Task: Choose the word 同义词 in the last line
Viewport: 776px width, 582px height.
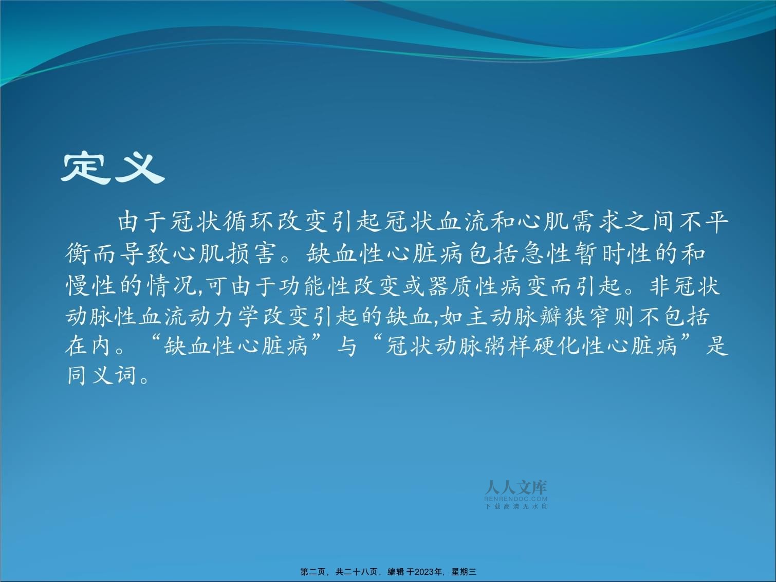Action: (102, 375)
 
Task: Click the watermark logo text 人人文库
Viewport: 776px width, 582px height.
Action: (516, 487)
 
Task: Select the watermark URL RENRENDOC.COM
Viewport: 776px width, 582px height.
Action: (516, 499)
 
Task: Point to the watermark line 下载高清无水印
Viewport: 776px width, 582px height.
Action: (516, 506)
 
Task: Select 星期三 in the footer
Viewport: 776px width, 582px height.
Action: (464, 572)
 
